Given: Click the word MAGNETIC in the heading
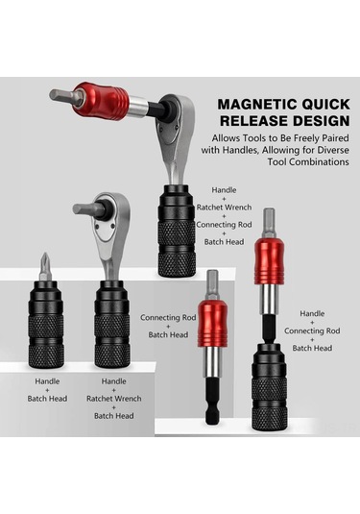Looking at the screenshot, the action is point(257,105).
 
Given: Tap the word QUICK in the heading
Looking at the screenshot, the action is point(325,105).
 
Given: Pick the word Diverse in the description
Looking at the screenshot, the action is point(333,150).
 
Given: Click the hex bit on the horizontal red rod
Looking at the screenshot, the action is point(62,95).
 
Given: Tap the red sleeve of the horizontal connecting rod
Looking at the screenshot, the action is point(103,101).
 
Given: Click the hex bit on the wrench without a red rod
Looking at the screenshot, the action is point(85,209).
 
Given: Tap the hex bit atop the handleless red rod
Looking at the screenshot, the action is point(212,283).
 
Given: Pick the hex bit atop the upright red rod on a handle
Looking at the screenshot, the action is point(269,223).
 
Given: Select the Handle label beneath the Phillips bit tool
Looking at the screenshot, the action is point(47,381).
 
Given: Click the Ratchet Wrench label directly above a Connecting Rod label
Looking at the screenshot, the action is point(224,208).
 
